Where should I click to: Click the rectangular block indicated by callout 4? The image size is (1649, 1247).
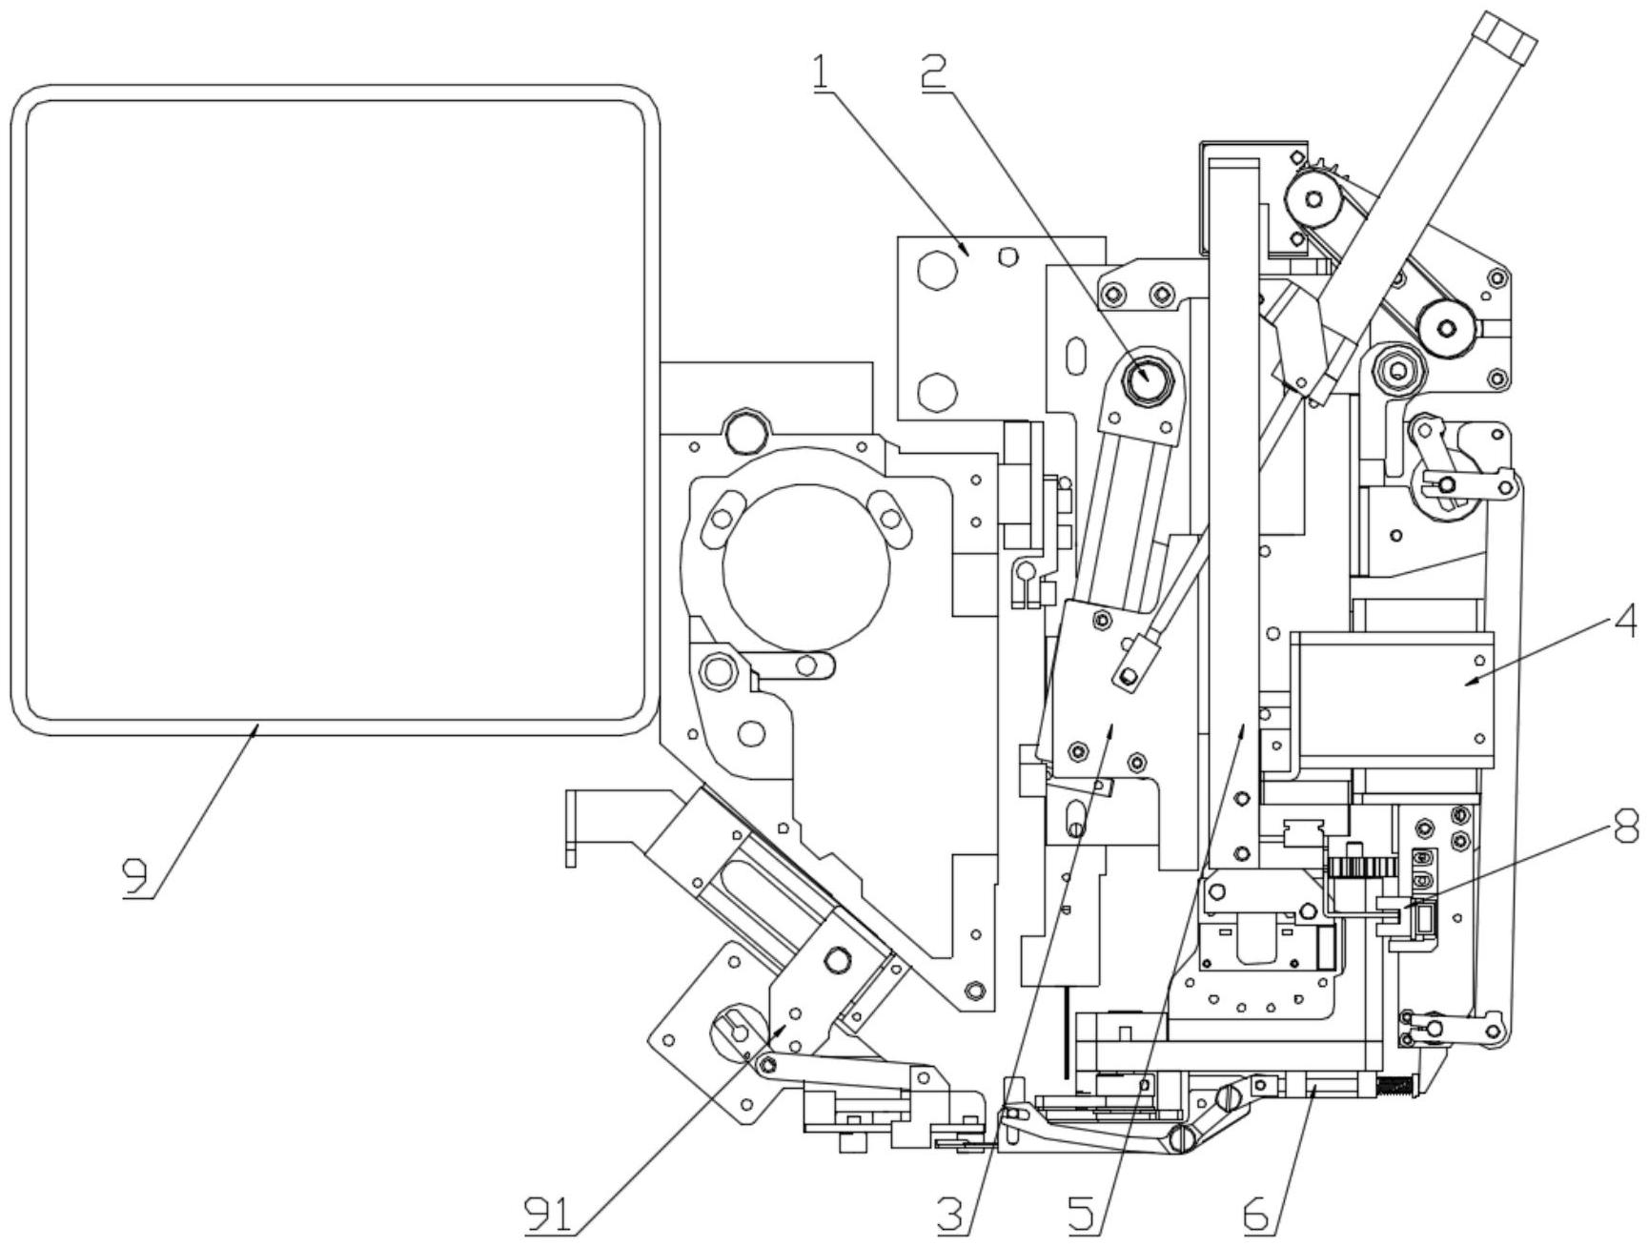tap(1393, 700)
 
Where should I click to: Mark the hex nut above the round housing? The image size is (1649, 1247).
tap(744, 431)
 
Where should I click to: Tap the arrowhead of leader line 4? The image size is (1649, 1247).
tap(1467, 684)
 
